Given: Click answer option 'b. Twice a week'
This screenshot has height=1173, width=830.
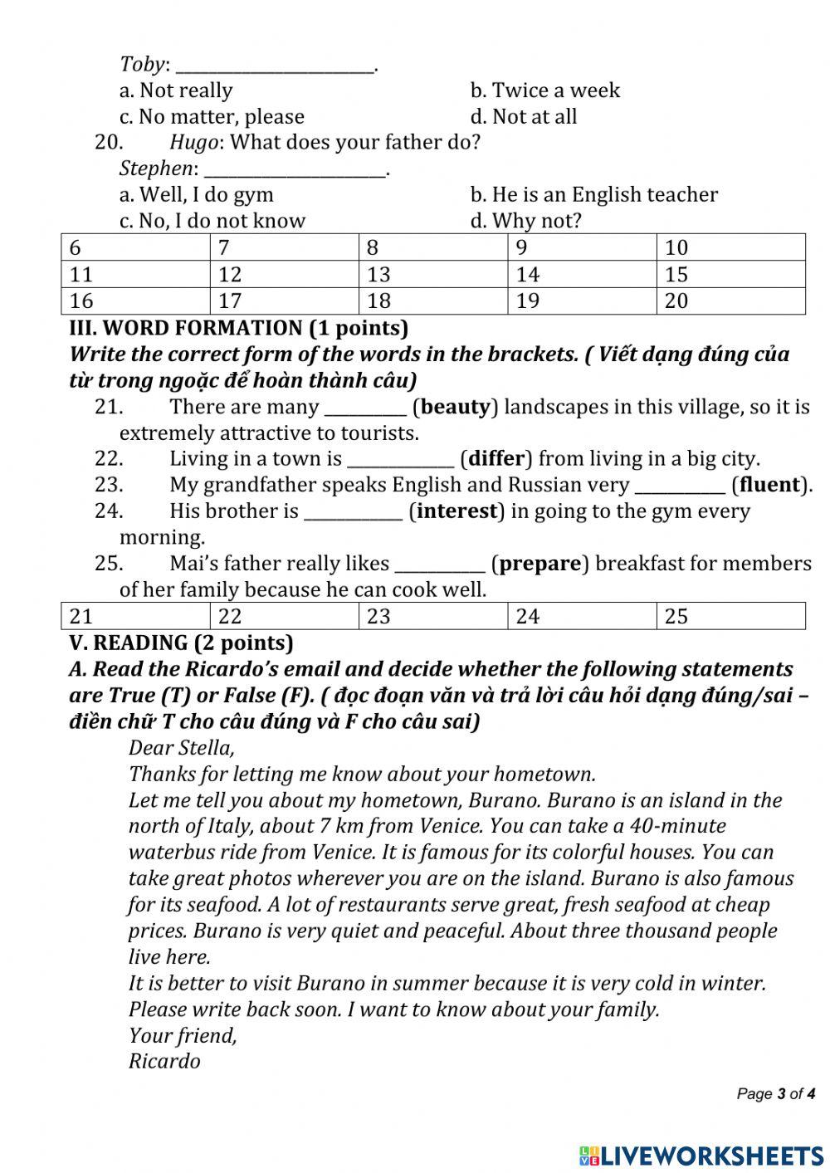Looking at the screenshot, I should coord(544,90).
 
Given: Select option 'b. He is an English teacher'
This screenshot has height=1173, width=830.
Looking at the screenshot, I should coord(593,195).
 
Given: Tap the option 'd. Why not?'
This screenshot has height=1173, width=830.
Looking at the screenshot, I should coord(525,221).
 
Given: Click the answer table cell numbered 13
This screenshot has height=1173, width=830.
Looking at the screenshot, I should coord(432,274).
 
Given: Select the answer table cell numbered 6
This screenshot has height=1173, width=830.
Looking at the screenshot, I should coord(134,247).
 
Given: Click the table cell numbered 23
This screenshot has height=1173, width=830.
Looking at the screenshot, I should coord(432,616).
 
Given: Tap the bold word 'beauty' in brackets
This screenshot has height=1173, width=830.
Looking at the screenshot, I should coord(456,407).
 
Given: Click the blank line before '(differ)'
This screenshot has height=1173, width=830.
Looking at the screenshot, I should coord(400,459).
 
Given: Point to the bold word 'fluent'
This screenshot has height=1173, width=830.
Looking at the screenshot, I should coord(769,485).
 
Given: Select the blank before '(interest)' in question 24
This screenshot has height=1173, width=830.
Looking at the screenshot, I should coord(353,511).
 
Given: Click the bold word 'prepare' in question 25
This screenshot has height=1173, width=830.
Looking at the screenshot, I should coord(539,564).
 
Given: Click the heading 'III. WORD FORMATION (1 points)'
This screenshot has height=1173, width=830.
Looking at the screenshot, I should coord(239,328).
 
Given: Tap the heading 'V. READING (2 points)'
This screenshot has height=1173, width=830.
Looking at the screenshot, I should coord(181,643).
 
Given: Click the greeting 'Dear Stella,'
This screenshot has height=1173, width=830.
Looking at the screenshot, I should coord(182,747).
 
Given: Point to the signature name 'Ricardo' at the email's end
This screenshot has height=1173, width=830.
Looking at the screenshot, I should coord(164,1061).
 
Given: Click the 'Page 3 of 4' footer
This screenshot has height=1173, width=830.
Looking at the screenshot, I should coord(775,1094).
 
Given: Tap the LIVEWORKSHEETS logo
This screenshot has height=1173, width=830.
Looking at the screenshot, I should coord(701,1155).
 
